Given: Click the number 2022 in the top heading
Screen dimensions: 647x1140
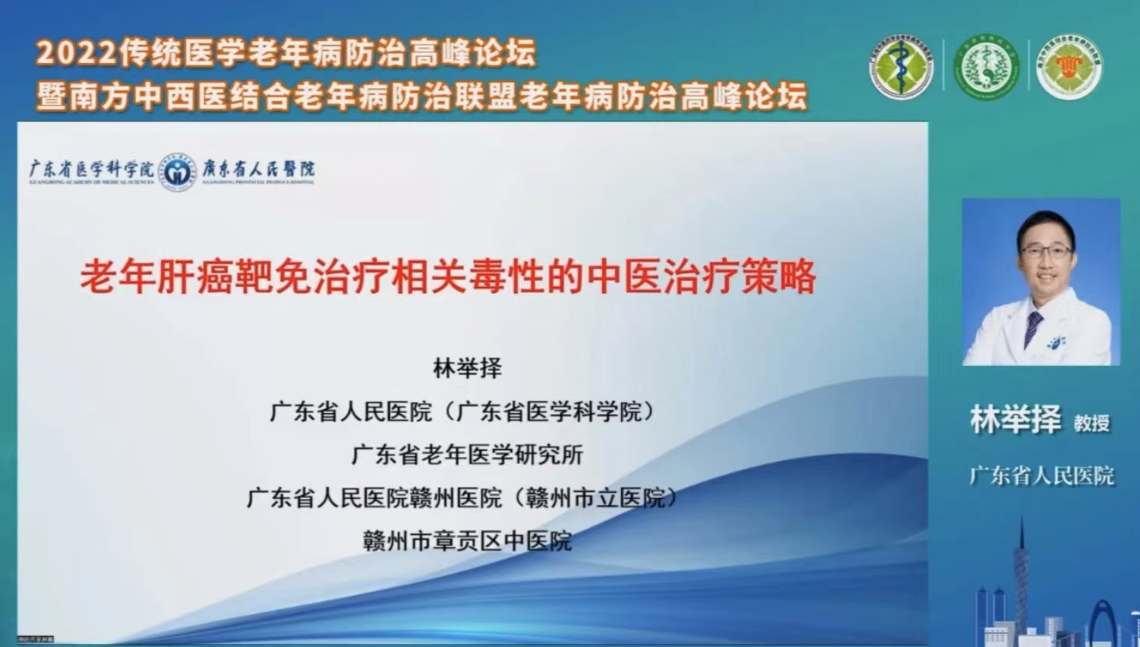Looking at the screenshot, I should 76,54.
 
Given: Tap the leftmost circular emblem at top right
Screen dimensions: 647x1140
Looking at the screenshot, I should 901,67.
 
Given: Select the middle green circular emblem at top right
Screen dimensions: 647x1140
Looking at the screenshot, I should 986,67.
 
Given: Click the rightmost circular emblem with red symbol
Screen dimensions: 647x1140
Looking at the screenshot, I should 1069,67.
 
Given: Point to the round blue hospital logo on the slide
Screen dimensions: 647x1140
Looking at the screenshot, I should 177,171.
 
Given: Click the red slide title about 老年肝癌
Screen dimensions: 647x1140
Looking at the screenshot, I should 447,278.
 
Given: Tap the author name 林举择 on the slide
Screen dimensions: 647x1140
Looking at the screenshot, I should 467,368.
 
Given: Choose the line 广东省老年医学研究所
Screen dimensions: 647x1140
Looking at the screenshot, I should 467,455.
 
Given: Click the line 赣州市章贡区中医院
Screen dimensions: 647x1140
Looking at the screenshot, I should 467,541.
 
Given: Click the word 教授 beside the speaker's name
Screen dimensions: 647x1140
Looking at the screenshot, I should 1091,423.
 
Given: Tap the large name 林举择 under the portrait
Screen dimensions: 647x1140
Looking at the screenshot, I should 1016,420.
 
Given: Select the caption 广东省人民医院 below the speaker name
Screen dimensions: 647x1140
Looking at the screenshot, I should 1042,475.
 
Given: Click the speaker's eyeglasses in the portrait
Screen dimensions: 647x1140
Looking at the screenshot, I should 1046,252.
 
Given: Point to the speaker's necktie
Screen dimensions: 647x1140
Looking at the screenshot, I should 1033,327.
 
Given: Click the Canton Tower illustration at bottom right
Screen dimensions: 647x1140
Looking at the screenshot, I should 1022,575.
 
